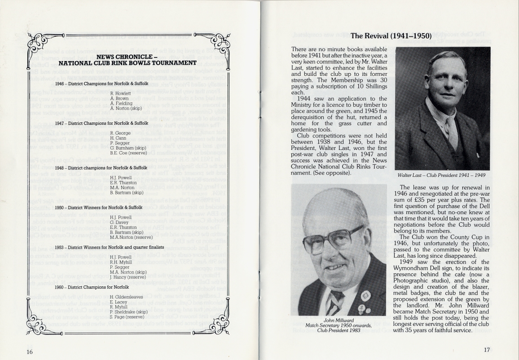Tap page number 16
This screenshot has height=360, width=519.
(29, 351)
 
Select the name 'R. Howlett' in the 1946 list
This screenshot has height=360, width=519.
(121, 93)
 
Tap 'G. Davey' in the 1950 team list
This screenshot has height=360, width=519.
(119, 222)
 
